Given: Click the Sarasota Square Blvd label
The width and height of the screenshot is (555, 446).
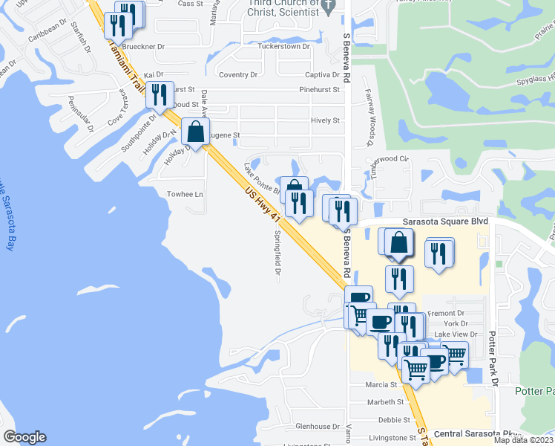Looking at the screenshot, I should click(444, 222).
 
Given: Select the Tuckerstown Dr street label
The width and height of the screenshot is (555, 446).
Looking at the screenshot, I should click(283, 46).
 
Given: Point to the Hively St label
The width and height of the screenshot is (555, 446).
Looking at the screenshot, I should click(325, 120).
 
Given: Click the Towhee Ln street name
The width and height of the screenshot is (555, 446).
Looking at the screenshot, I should click(185, 194).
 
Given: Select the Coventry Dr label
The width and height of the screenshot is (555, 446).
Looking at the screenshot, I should click(238, 74).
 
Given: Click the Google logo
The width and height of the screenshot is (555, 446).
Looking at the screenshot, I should click(24, 436).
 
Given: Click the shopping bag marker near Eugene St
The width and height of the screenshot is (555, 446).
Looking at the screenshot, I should click(195, 133).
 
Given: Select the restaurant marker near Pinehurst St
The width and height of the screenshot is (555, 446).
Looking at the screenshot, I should click(159, 94).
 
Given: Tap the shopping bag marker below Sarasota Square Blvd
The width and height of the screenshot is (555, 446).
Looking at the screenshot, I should click(398, 242).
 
